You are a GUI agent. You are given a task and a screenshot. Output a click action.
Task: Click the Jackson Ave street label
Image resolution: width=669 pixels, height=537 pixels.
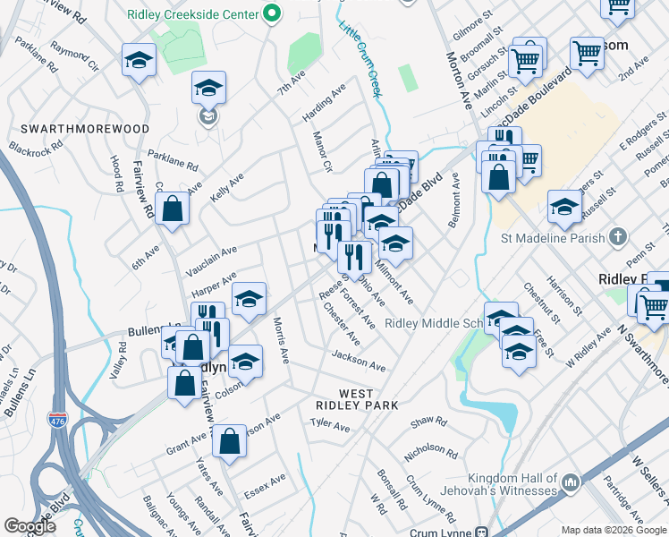pos(358,361)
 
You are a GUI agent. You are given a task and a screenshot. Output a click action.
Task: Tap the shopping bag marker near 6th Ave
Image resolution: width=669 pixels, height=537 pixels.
pos(172,209)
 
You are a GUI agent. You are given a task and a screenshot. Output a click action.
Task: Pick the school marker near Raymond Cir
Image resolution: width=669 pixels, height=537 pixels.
pos(138,61)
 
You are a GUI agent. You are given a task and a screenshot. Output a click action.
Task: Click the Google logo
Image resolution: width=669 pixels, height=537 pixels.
pos(30,526)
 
